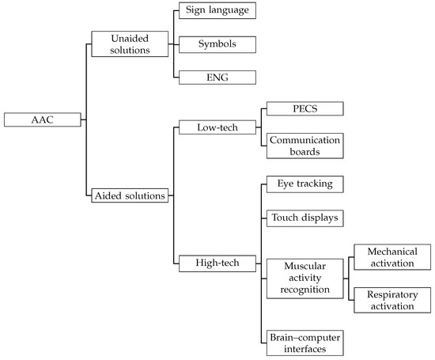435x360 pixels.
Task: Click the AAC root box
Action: click(x=41, y=121)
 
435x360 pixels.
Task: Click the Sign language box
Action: click(x=216, y=10)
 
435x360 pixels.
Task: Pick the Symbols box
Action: click(x=216, y=44)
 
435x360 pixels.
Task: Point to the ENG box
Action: click(x=216, y=77)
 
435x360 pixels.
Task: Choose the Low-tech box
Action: click(x=216, y=127)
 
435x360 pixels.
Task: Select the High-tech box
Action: click(x=216, y=260)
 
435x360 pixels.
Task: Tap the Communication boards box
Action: click(x=303, y=144)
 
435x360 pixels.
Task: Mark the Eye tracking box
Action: click(x=303, y=184)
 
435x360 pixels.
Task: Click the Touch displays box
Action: click(x=303, y=217)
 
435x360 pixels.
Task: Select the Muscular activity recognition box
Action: click(x=303, y=279)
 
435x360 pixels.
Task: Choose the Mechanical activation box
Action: click(x=390, y=256)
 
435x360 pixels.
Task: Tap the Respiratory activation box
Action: click(x=390, y=298)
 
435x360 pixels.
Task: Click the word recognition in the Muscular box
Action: click(x=303, y=290)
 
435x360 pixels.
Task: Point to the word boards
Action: click(x=303, y=150)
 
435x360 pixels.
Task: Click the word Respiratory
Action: click(x=390, y=293)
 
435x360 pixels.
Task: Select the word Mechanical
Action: click(x=390, y=251)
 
